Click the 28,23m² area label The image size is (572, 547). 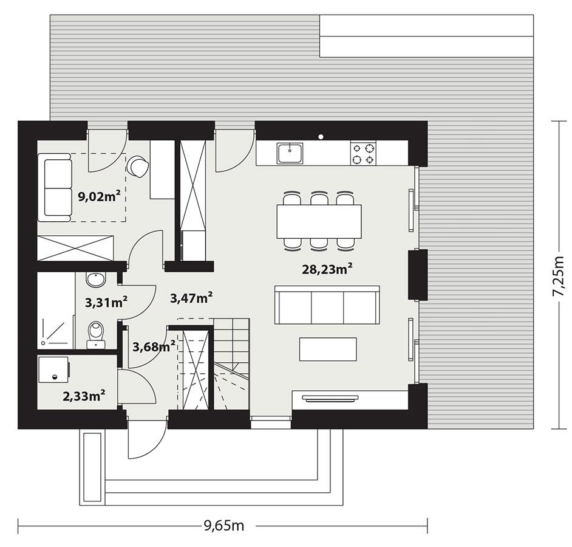coord(328,269)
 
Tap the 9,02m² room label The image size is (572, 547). coord(98,196)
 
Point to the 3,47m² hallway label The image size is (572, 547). coord(191,298)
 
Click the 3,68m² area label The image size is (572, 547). coord(154,347)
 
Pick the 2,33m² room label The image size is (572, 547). coord(84,396)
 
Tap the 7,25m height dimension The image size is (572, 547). coord(558,275)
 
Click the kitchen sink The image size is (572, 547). coord(290,153)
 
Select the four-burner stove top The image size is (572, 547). coord(363,153)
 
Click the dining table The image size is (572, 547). coord(319,221)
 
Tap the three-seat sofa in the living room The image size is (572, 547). coord(327,305)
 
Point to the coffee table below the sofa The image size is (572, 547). coord(328,349)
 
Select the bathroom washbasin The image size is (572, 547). coord(95,280)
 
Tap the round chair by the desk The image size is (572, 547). coord(138,166)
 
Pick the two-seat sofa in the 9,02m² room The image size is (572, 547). coord(55,187)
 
